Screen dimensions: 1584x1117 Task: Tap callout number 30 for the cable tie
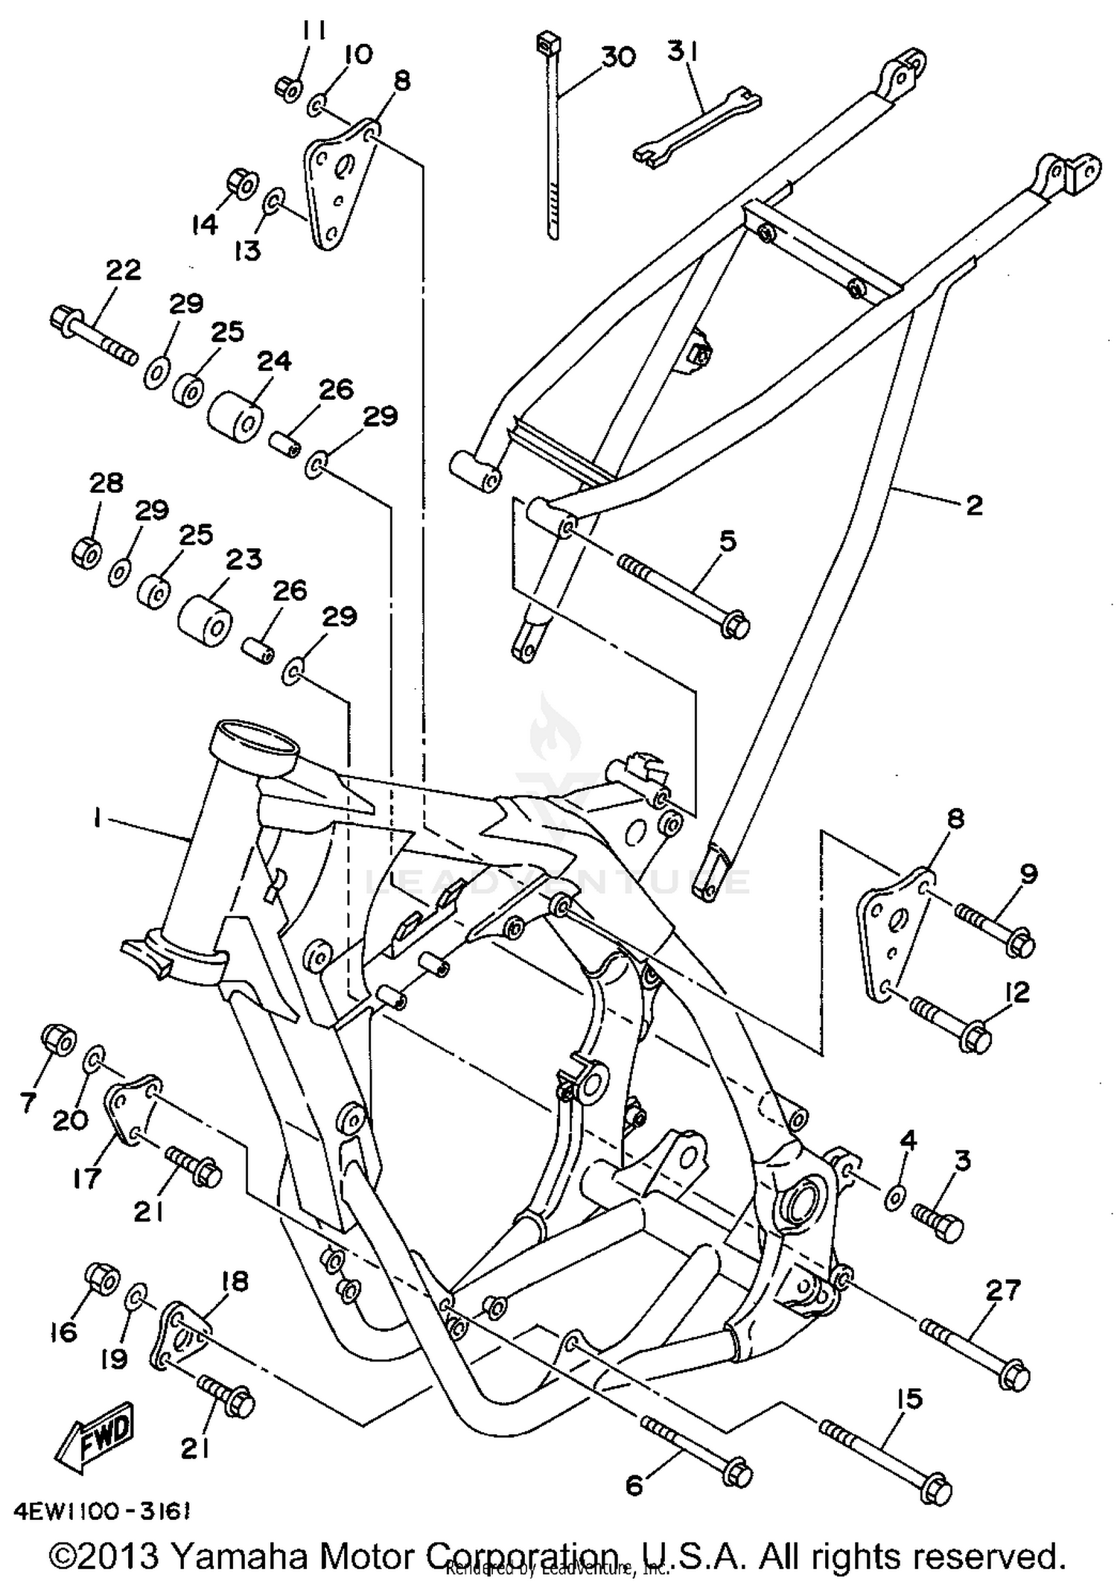[618, 57]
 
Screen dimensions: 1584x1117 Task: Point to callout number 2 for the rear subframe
[973, 506]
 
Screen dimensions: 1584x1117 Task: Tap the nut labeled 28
[86, 552]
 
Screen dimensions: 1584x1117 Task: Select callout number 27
[1002, 1291]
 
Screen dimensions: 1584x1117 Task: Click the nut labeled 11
[287, 88]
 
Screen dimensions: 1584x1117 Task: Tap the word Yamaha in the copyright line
[239, 1554]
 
